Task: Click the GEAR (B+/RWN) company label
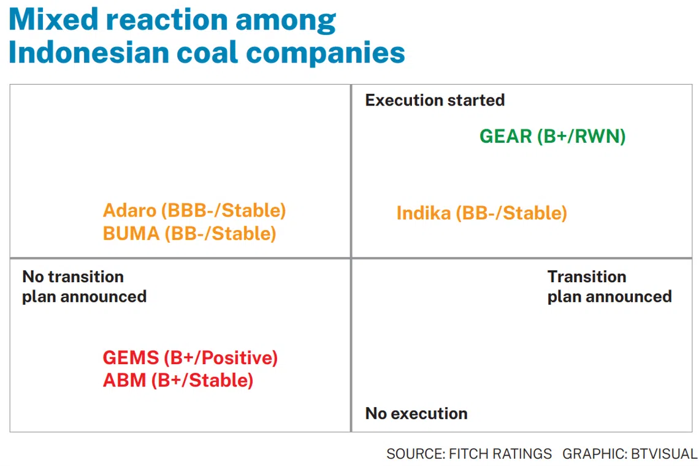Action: [x=552, y=136]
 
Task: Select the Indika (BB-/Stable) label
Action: [x=481, y=213]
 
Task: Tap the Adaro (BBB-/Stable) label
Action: [x=194, y=210]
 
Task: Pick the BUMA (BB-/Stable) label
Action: [x=189, y=233]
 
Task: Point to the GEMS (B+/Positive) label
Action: [x=190, y=357]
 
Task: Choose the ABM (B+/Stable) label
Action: [x=178, y=380]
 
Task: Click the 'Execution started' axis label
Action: [x=435, y=101]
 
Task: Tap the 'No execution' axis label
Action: [x=416, y=413]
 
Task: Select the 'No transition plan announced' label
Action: [x=84, y=286]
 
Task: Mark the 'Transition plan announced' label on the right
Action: [x=609, y=286]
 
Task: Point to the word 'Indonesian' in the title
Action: [x=88, y=52]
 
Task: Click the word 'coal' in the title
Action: [x=207, y=52]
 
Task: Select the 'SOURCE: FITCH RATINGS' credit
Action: [x=469, y=454]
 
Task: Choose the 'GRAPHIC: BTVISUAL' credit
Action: [x=630, y=454]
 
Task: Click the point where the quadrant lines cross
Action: [x=351, y=258]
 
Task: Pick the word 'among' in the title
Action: [x=285, y=22]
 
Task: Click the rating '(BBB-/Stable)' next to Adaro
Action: [x=223, y=210]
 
